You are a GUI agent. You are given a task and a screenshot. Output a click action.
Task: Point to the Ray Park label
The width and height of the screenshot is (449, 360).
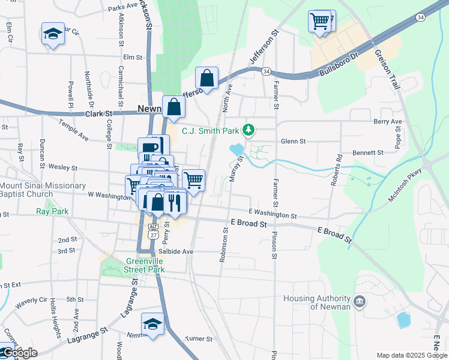coord(53,211)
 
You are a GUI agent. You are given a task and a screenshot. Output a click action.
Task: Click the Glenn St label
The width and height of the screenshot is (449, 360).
coord(294,141)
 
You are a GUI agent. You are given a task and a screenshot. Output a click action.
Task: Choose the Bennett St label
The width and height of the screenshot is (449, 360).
coord(367,153)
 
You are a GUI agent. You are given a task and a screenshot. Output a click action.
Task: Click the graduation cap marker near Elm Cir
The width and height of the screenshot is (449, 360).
coord(53,34)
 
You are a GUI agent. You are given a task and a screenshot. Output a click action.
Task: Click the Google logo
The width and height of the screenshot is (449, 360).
coord(19,353)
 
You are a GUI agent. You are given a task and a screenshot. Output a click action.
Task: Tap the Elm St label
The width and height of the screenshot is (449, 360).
coord(132,58)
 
